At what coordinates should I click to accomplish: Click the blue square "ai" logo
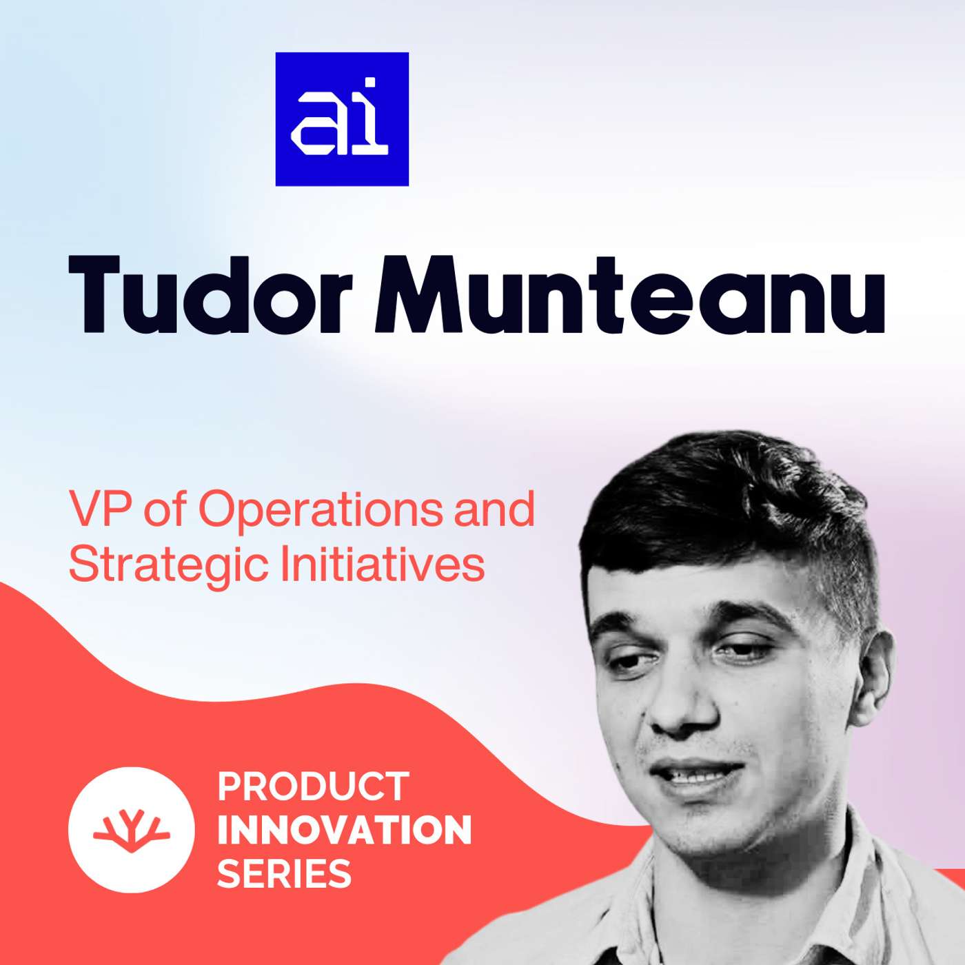pos(342,119)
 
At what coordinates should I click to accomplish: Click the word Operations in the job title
pos(321,510)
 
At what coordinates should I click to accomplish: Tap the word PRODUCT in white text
pos(314,786)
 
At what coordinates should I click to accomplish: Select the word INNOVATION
pos(345,830)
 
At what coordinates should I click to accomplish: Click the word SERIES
pos(284,873)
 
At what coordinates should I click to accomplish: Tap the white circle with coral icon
pos(131,830)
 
